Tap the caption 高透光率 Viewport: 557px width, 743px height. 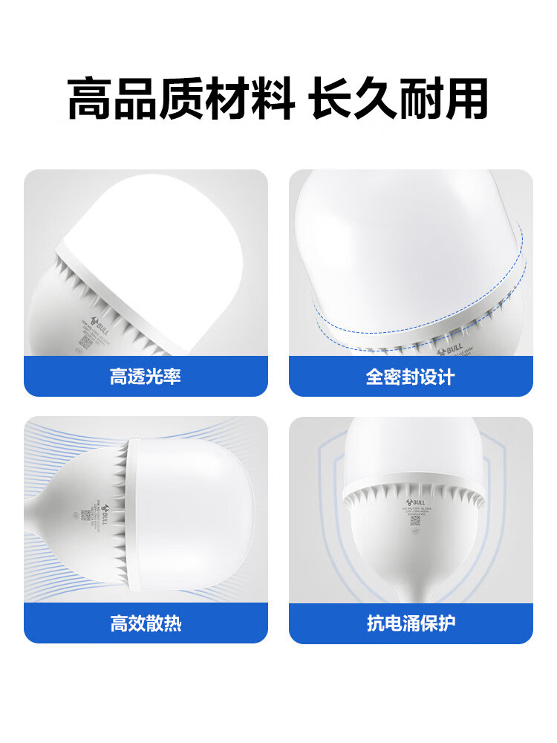click(146, 377)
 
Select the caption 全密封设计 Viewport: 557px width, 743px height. click(410, 377)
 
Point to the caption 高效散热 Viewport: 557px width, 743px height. click(146, 623)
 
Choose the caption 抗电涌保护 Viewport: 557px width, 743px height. click(410, 623)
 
